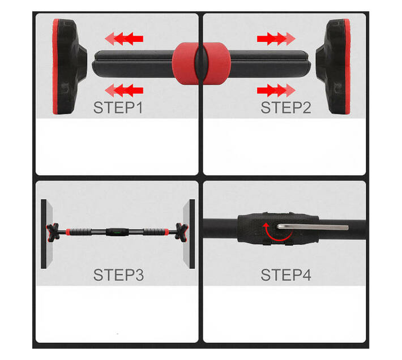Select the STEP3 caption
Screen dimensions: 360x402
pyautogui.click(x=118, y=275)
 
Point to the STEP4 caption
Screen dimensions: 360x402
pyautogui.click(x=285, y=275)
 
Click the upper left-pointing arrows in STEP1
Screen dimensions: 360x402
pyautogui.click(x=125, y=39)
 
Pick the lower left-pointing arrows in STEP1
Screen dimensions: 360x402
pyautogui.click(x=125, y=89)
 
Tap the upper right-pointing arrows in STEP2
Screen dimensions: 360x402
pyautogui.click(x=276, y=39)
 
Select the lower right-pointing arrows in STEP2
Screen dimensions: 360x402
pyautogui.click(x=276, y=89)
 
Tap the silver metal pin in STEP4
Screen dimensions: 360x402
pyautogui.click(x=311, y=226)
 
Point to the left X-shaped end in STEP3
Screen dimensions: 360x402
pyautogui.click(x=55, y=231)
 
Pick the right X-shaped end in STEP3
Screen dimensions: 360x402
pyautogui.click(x=181, y=231)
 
